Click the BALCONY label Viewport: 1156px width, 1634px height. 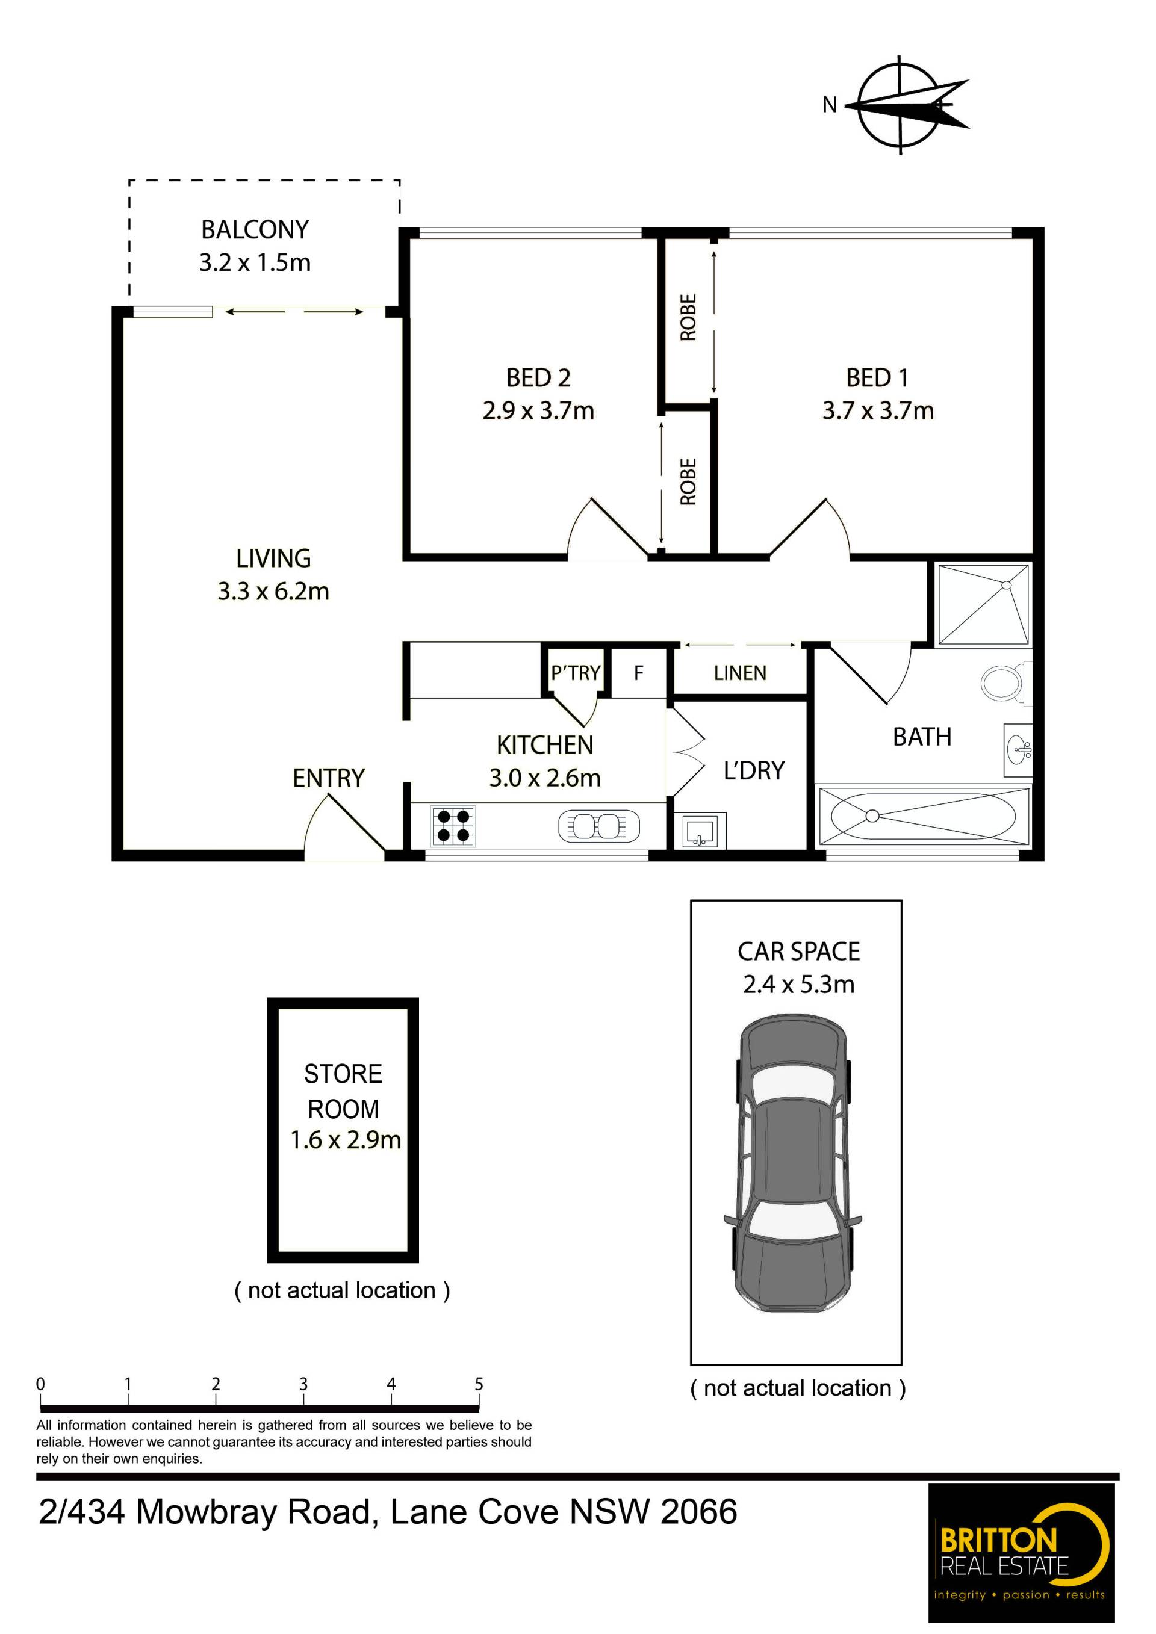255,230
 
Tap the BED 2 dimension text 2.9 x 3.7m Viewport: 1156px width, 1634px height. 538,410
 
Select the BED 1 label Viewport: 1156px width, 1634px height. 877,378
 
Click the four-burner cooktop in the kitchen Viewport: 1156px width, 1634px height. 453,826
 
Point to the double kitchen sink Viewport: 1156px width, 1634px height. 598,826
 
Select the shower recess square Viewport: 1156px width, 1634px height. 983,605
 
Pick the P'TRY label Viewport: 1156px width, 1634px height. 575,672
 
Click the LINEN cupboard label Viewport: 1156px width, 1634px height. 741,673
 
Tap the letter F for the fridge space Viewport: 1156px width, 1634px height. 638,672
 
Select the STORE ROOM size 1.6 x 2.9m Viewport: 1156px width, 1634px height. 345,1140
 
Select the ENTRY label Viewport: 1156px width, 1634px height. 328,778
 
